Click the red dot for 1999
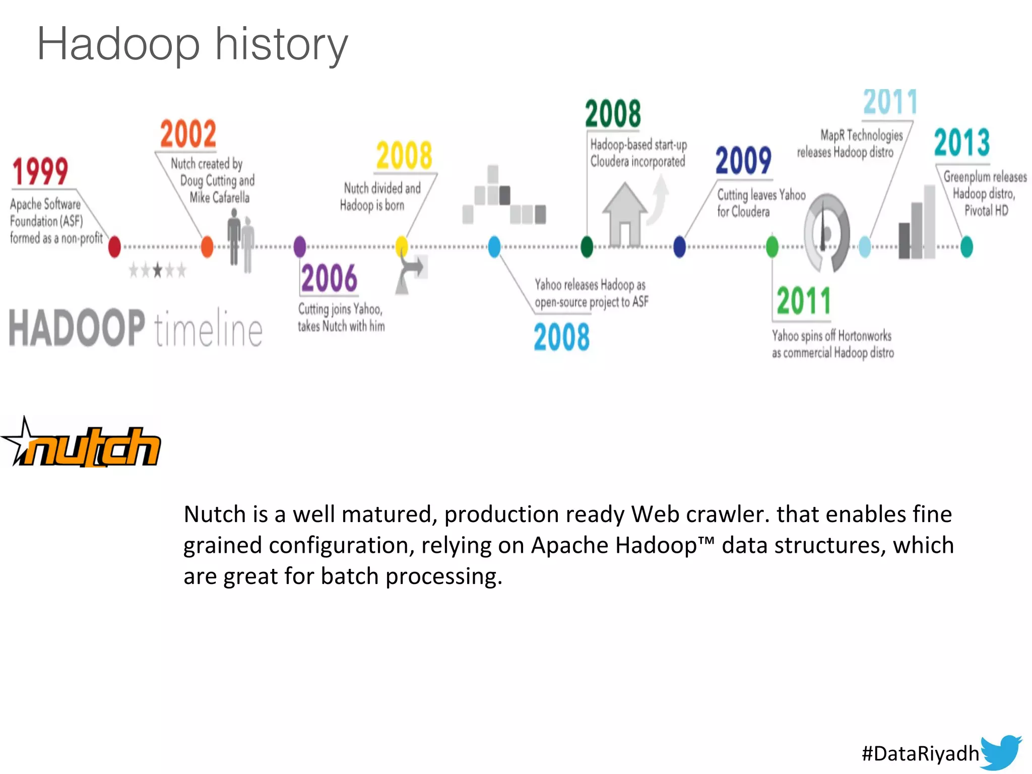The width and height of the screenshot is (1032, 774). (x=114, y=246)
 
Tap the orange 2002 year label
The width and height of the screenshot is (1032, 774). (x=188, y=134)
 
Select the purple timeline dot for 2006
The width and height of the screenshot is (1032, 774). (x=300, y=246)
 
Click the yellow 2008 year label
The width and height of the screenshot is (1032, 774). (x=404, y=156)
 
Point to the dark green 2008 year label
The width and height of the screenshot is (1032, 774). (x=613, y=114)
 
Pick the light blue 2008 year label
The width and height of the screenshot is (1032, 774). (x=561, y=337)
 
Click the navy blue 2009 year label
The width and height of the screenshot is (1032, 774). (x=743, y=161)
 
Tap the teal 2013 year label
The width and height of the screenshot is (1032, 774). (x=961, y=143)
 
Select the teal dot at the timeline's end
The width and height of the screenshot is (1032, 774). (x=966, y=247)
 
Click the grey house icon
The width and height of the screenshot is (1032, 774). (x=625, y=214)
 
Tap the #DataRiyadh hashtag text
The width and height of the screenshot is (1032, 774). (x=920, y=753)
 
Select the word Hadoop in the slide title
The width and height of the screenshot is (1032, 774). (x=119, y=44)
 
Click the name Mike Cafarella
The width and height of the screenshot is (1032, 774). (x=219, y=198)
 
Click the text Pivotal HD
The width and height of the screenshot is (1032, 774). (x=986, y=211)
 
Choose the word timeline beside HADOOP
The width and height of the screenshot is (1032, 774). (x=208, y=329)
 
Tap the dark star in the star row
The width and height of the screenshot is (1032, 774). (x=158, y=271)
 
